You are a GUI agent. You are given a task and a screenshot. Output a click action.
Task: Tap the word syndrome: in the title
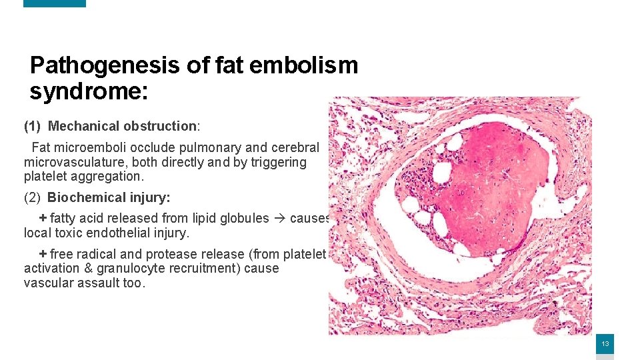88,91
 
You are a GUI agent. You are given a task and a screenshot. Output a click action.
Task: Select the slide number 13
605,344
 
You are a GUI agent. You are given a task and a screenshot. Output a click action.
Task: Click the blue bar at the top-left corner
55,3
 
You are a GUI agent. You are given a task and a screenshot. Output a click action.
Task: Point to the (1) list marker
33,126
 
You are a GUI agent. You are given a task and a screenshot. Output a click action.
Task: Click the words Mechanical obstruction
122,126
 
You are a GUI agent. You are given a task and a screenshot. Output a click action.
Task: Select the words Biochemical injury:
109,197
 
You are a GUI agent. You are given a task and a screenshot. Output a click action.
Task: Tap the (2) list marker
33,197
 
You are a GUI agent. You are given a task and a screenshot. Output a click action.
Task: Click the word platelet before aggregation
46,177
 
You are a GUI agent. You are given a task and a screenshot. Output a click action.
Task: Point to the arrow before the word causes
279,218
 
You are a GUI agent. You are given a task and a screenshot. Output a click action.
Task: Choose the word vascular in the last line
48,283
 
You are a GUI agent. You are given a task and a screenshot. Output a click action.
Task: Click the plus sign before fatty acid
43,218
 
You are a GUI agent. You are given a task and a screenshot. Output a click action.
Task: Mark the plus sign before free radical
43,254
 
